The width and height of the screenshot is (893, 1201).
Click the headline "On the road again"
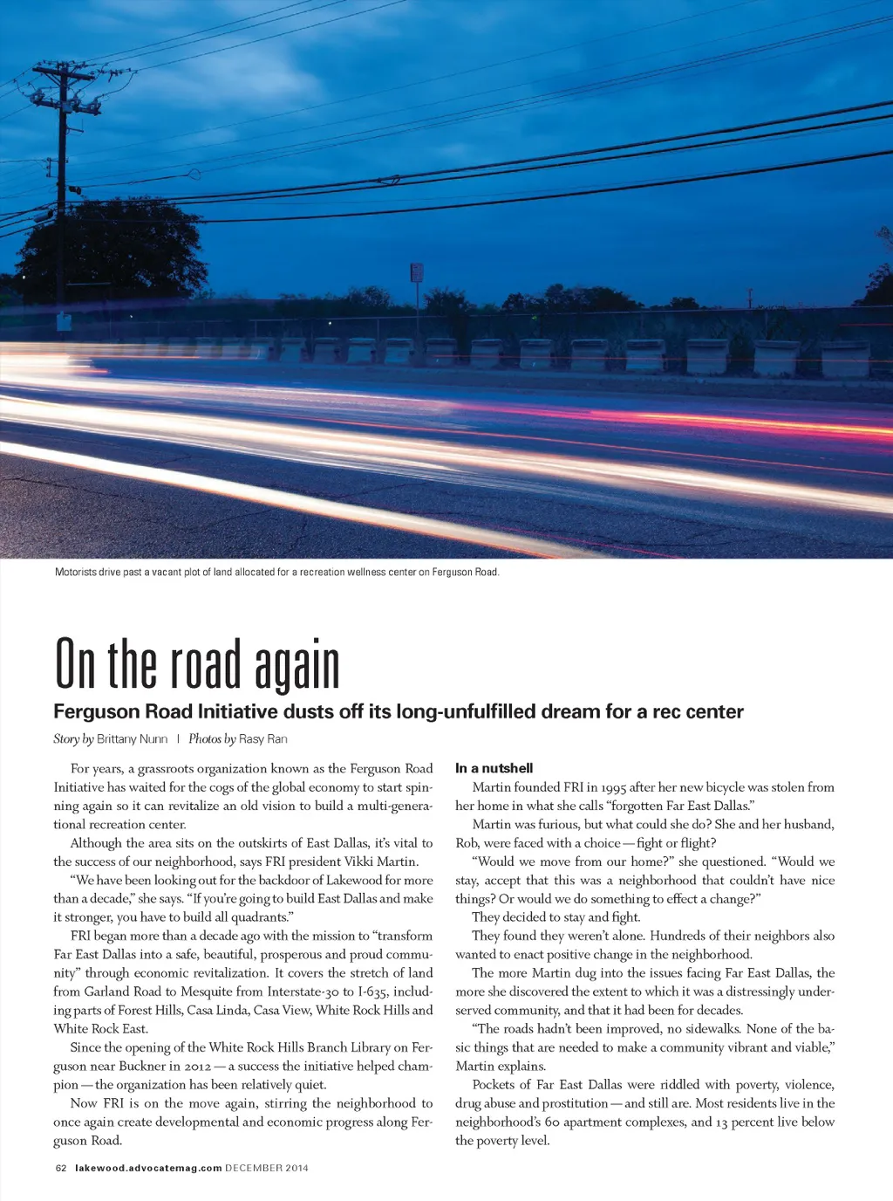[x=197, y=665]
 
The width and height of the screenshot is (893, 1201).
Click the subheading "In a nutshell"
[x=494, y=768]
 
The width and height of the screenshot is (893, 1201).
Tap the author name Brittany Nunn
[x=132, y=739]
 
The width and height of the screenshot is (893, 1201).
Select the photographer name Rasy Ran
[x=262, y=739]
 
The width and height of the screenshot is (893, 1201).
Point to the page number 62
[x=61, y=1168]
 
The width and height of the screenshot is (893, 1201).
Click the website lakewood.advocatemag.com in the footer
[x=148, y=1168]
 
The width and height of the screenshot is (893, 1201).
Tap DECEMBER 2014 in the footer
[x=267, y=1168]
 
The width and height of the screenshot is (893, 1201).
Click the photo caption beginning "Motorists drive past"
[x=276, y=573]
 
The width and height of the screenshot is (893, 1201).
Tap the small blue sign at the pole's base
[x=65, y=322]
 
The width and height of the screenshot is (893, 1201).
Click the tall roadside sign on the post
[x=417, y=273]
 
